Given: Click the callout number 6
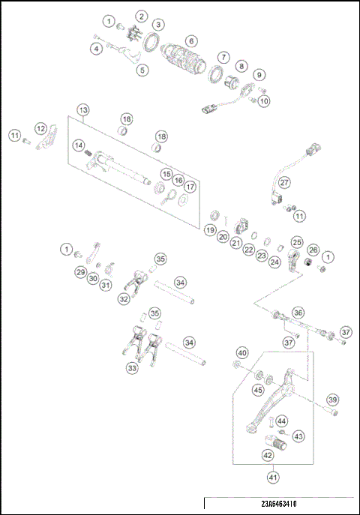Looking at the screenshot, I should click(192, 40).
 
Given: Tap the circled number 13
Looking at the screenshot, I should click(82, 110).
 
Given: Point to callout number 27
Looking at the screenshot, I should click(284, 182).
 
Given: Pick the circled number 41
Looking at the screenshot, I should click(272, 474).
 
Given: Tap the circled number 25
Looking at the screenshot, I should click(297, 242).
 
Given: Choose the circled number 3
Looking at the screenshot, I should click(158, 25).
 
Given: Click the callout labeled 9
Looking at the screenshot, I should click(259, 75).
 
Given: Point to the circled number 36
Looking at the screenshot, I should click(298, 313).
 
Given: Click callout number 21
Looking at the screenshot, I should click(236, 243).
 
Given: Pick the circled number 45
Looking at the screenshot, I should click(258, 389).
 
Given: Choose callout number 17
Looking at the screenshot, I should click(190, 187).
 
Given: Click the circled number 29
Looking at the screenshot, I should click(80, 272).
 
